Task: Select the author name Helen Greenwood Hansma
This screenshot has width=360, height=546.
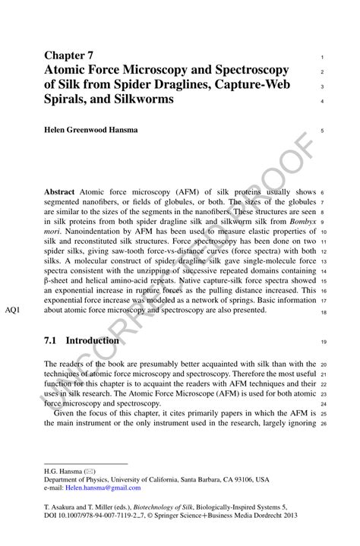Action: (x=91, y=130)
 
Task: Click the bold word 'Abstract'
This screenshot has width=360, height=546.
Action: (x=59, y=192)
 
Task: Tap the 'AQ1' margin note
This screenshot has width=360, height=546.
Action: (x=14, y=311)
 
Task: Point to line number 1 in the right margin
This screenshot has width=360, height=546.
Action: (x=323, y=58)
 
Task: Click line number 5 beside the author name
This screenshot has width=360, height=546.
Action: (x=323, y=131)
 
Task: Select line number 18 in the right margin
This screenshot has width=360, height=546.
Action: (x=323, y=312)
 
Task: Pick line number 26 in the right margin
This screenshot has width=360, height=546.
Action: (x=323, y=424)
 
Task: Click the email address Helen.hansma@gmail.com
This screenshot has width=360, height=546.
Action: (x=106, y=490)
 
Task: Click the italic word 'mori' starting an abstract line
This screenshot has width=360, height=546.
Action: (x=52, y=232)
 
